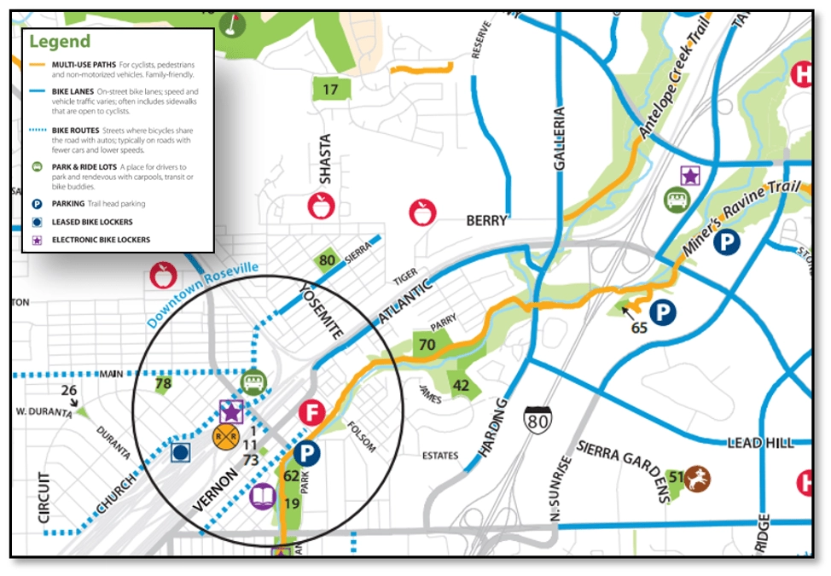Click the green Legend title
coord(59,41)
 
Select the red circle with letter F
coord(312,414)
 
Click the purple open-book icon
coord(264,497)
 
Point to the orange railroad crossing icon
coord(226,437)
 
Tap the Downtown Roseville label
coord(201,295)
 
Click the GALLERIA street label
coord(560,140)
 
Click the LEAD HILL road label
coord(760,443)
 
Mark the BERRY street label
coord(486,221)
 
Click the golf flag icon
coord(230,20)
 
